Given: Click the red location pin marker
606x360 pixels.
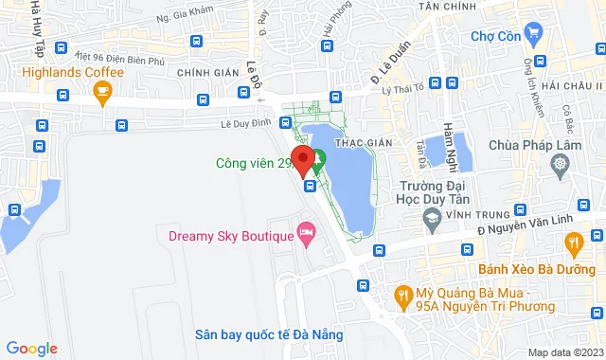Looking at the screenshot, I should (x=302, y=160).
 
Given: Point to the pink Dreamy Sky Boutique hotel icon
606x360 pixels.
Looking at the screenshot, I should (x=306, y=232).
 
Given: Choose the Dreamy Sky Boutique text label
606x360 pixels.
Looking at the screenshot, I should (x=230, y=235).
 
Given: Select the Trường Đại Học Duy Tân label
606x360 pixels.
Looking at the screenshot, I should (x=432, y=193).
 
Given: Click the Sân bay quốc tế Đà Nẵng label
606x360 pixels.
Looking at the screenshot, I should (x=269, y=334).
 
